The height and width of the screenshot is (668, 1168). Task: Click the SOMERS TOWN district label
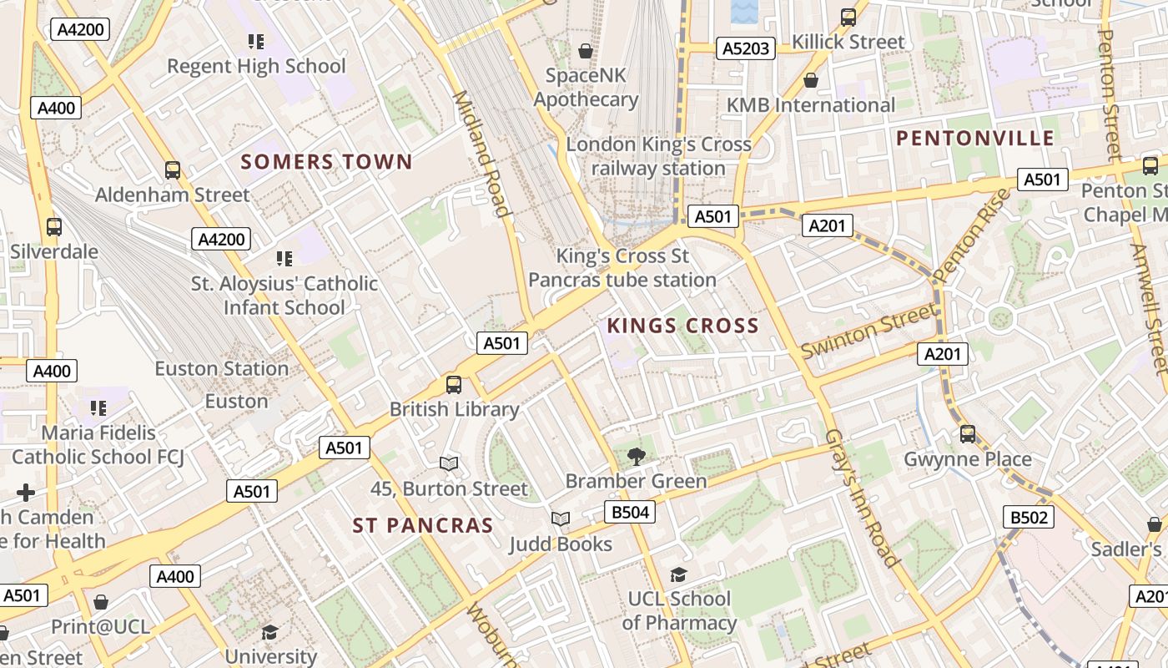pos(326,162)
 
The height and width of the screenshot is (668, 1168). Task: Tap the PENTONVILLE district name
pos(975,139)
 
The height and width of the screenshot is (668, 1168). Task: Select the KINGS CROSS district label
pos(682,326)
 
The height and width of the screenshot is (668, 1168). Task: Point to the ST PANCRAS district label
pos(423,525)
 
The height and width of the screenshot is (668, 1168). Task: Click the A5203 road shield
pos(746,49)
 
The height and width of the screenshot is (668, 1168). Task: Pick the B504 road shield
pos(630,512)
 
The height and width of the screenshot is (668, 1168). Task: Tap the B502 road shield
pos(1028,518)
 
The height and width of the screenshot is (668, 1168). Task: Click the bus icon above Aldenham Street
pos(173,170)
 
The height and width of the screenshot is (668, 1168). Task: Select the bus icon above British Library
pos(454,385)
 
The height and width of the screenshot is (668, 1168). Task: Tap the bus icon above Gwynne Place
pos(968,434)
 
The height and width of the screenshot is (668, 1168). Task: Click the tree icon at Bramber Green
pos(636,456)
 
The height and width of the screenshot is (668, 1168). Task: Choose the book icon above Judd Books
pos(561,519)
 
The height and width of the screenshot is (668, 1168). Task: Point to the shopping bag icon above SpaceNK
pos(586,51)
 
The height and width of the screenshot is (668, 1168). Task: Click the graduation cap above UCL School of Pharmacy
pos(678,574)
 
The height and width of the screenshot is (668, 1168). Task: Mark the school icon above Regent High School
pos(256,41)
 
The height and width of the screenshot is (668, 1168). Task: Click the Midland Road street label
pos(481,154)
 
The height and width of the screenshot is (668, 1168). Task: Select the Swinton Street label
pos(868,331)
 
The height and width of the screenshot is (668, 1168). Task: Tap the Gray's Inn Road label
pos(861,498)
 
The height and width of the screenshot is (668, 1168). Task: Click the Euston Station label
pos(222,368)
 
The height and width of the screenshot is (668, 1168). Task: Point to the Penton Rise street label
pos(971,236)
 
